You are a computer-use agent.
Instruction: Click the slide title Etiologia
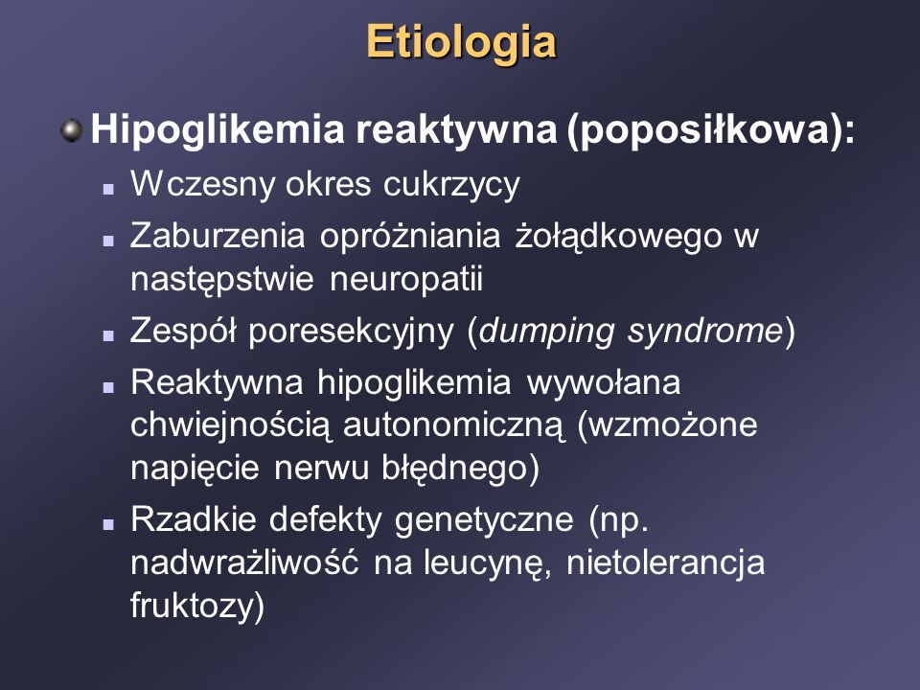click(461, 43)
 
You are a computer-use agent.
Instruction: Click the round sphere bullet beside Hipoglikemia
click(72, 130)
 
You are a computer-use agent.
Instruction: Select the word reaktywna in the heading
click(456, 129)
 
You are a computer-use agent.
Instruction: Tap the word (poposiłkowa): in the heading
click(711, 131)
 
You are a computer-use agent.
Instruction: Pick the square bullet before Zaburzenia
click(108, 240)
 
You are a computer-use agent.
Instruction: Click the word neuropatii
click(406, 278)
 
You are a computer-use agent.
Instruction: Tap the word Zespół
click(183, 331)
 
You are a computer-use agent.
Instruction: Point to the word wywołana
click(604, 382)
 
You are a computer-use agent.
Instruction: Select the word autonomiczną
click(454, 426)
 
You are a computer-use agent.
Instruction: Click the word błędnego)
click(460, 469)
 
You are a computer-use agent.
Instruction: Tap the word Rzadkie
click(194, 519)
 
